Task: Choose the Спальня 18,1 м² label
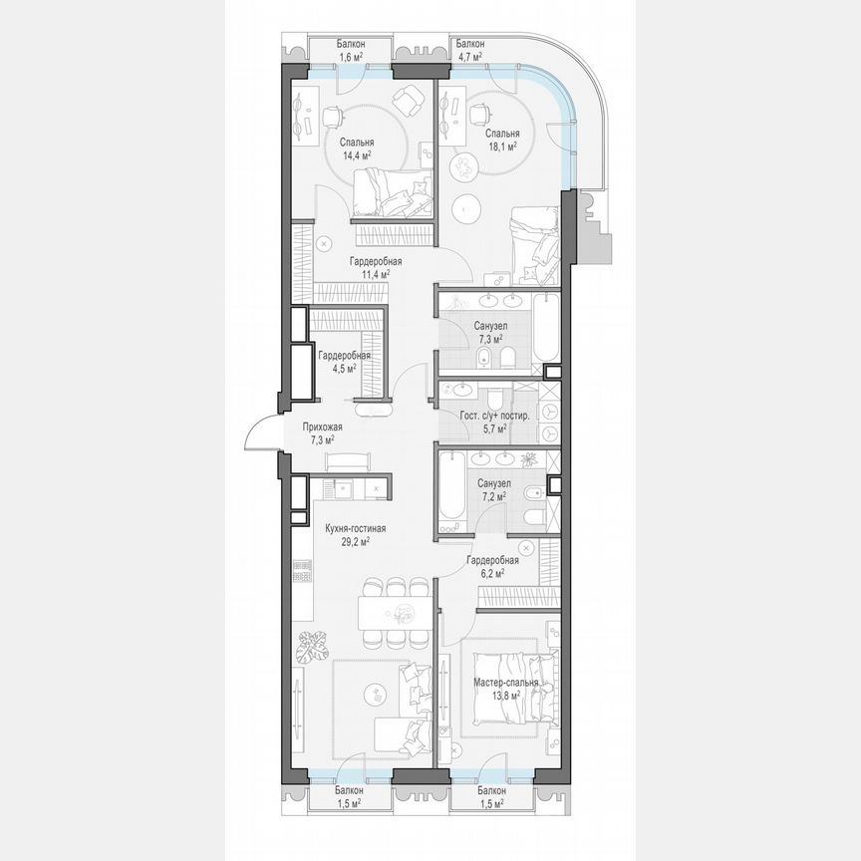[502, 140]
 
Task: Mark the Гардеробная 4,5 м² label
[344, 360]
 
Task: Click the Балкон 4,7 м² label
[469, 51]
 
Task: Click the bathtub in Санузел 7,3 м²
[545, 330]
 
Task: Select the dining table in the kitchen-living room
[396, 610]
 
